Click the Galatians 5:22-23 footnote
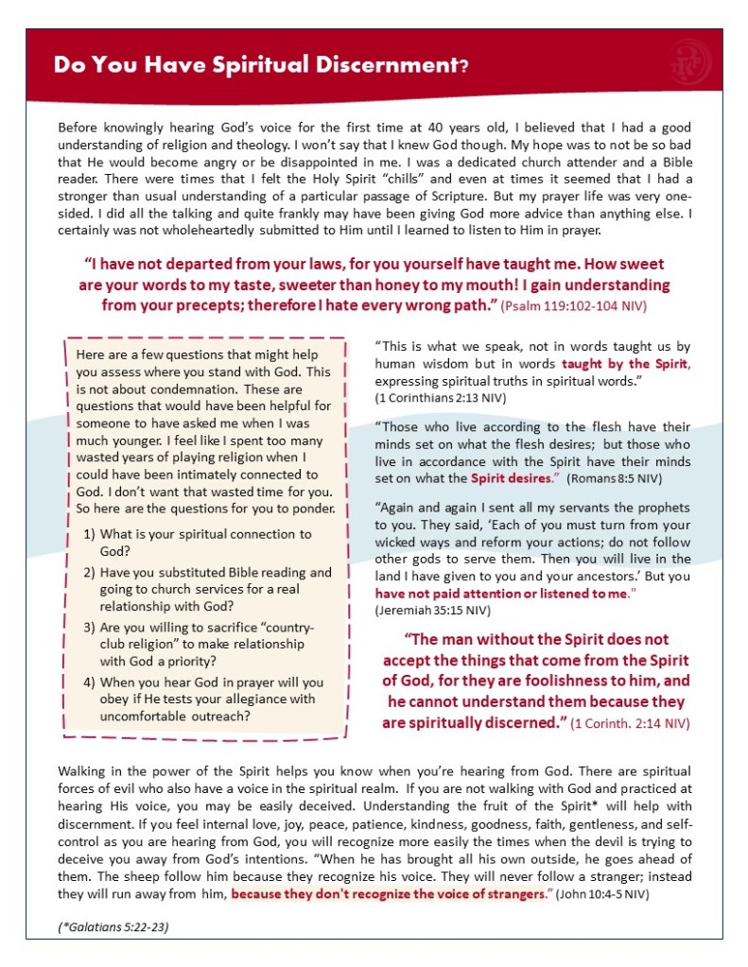(113, 926)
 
